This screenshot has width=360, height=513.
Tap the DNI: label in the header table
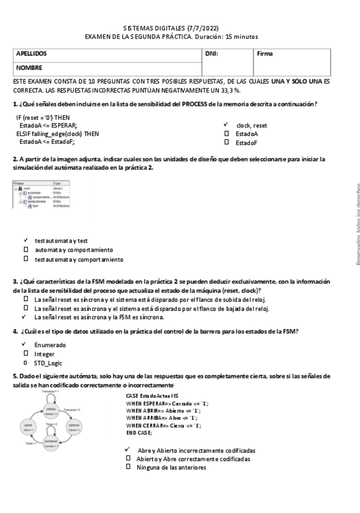click(x=212, y=54)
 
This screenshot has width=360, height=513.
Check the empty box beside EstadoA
click(x=227, y=134)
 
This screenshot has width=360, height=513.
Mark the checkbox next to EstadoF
click(x=227, y=142)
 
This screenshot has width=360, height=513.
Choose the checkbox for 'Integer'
click(x=25, y=353)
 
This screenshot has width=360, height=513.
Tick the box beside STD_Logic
click(x=25, y=362)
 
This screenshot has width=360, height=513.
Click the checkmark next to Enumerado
click(x=25, y=344)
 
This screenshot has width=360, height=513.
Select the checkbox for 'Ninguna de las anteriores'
click(x=128, y=467)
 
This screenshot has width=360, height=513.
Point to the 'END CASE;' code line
click(x=139, y=433)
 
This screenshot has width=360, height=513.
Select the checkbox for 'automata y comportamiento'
click(x=25, y=249)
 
